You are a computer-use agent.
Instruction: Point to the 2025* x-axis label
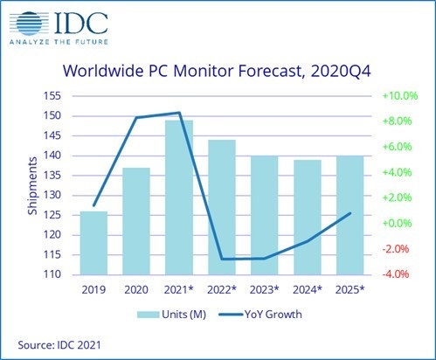pos(349,288)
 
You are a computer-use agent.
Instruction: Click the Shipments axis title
pos(32,183)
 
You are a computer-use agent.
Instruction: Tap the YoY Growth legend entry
pos(272,312)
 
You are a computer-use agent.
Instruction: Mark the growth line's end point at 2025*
pos(349,213)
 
